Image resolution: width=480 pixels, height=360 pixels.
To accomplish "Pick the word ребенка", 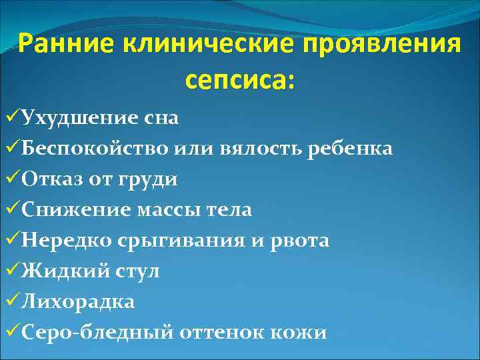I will (x=349, y=149).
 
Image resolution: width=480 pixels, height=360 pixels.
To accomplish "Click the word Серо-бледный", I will (x=97, y=333).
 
